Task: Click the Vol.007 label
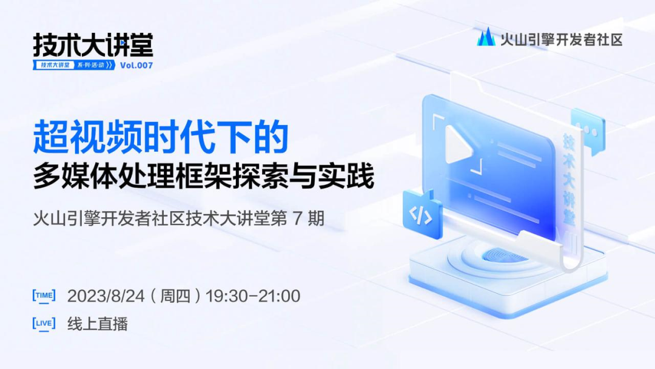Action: click(x=136, y=65)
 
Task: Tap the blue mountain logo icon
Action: click(x=486, y=37)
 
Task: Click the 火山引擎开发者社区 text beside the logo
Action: click(x=561, y=39)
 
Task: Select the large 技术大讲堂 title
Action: click(x=93, y=45)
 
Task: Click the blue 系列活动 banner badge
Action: click(x=74, y=65)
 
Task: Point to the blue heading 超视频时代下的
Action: click(x=161, y=137)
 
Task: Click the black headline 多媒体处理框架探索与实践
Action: click(x=203, y=176)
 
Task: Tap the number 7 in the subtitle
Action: click(x=297, y=218)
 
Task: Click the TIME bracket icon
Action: click(x=44, y=296)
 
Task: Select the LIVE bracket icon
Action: click(x=44, y=324)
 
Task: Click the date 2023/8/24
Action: click(x=106, y=296)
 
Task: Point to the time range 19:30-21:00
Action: click(x=253, y=296)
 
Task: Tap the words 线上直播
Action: click(x=98, y=324)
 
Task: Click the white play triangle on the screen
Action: click(x=457, y=144)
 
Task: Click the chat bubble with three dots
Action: click(x=588, y=132)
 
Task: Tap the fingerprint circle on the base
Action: click(x=505, y=256)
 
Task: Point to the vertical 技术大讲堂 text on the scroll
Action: click(x=569, y=180)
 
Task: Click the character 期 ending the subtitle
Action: click(x=316, y=218)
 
